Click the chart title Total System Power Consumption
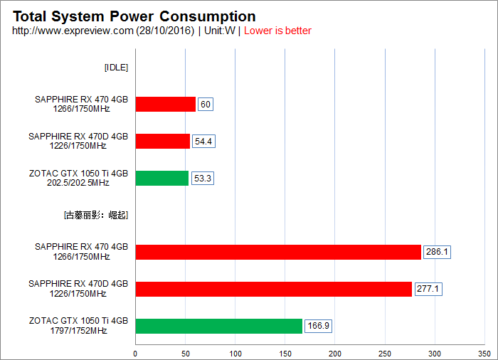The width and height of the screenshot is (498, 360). point(134,16)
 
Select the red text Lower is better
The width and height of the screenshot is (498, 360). point(277,31)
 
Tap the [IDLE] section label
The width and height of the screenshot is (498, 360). point(116,68)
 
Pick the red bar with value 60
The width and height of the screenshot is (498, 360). point(165,105)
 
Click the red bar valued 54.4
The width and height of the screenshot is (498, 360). point(162,141)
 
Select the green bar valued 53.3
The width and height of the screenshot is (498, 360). point(161,178)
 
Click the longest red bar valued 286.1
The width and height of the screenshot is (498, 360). point(277,252)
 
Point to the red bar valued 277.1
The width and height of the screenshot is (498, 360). point(273,289)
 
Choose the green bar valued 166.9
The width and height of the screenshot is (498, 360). point(218,326)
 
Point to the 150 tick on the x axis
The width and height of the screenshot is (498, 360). point(285,353)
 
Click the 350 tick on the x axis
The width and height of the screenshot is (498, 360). point(484,353)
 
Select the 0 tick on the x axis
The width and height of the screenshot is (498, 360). point(135,353)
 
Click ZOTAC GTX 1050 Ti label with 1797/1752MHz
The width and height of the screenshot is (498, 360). point(78,326)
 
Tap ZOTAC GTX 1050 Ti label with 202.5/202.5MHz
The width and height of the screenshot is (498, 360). point(78,178)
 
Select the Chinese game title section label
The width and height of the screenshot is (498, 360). point(96,215)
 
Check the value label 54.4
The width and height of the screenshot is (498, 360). point(203,141)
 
